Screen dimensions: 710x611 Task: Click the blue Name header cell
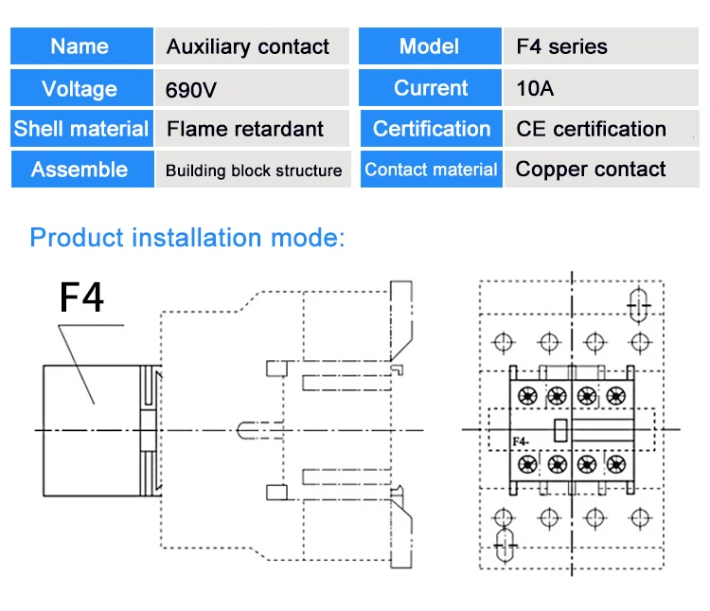(81, 45)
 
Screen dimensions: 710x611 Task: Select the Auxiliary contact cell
(252, 45)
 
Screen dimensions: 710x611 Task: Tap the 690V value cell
(252, 87)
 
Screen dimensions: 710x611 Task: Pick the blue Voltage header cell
(81, 87)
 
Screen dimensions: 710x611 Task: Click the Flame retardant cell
(252, 128)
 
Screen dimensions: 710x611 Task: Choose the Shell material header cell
(81, 128)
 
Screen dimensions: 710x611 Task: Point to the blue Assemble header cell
(82, 169)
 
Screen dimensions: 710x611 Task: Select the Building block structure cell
(253, 169)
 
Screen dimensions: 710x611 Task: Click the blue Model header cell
(430, 45)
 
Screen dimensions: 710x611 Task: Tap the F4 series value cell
(601, 45)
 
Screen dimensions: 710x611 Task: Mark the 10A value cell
(601, 87)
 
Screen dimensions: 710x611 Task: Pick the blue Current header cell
(430, 87)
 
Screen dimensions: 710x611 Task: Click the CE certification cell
(602, 128)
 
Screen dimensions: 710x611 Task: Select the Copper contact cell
(602, 169)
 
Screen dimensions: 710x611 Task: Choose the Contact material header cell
(432, 169)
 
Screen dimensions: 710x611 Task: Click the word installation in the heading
(197, 238)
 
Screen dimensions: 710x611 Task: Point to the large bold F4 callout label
(81, 297)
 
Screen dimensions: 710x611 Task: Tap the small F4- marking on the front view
(521, 441)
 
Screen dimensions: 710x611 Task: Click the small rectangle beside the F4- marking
(561, 430)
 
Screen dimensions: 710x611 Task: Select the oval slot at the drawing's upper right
(639, 305)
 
